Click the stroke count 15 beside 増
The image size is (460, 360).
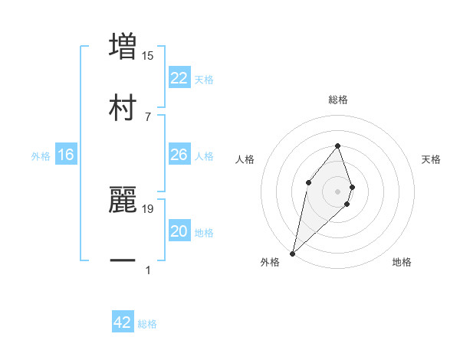[148, 55]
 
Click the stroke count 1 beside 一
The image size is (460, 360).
[148, 270]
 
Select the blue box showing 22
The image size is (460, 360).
[179, 77]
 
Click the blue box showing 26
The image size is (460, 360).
[179, 155]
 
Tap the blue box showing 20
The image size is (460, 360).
[179, 231]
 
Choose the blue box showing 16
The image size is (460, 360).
[66, 155]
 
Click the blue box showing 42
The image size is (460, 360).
[123, 322]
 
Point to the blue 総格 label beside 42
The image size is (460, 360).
[147, 324]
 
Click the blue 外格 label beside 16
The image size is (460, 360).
[41, 156]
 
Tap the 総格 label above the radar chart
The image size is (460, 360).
[337, 100]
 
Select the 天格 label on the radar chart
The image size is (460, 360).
[431, 159]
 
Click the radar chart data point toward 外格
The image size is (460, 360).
[292, 253]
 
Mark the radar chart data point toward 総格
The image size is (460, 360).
[337, 146]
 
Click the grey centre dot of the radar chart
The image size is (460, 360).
[337, 191]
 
